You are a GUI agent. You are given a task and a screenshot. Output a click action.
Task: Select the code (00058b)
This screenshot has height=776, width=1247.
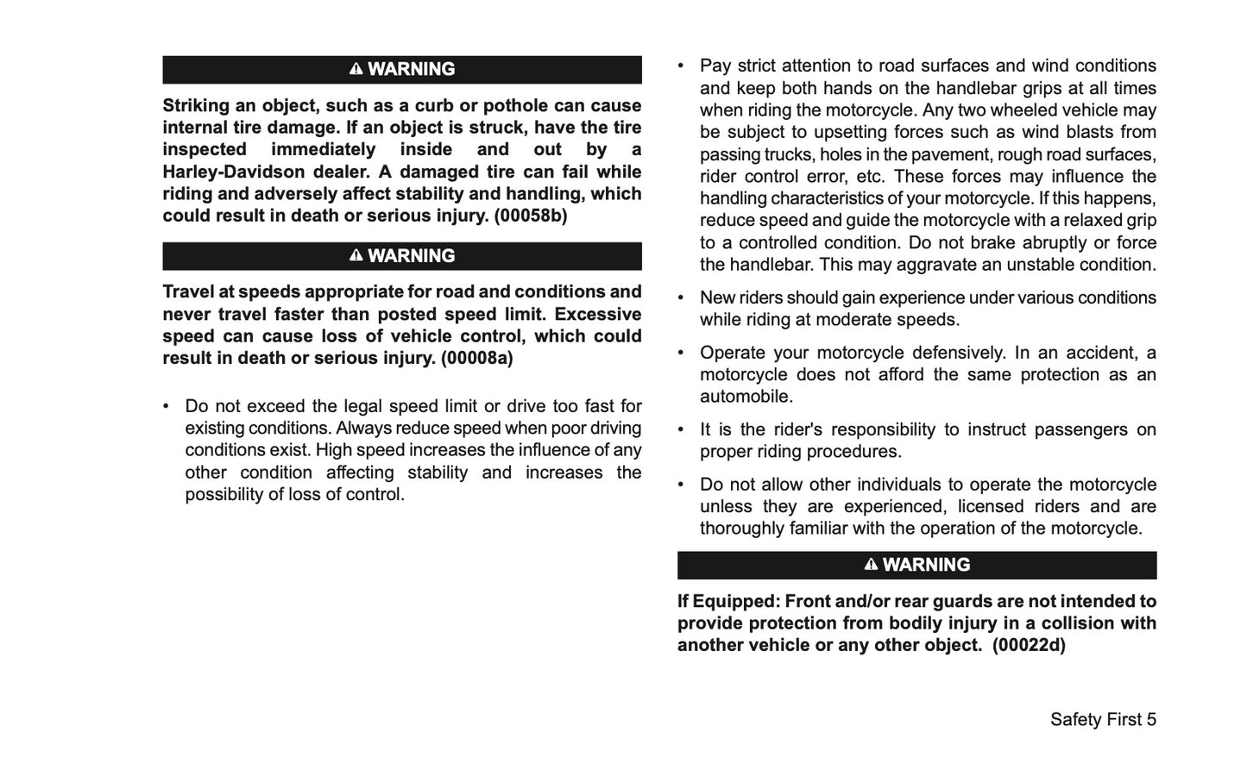531,216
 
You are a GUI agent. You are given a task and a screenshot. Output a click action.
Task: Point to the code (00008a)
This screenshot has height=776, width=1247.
477,358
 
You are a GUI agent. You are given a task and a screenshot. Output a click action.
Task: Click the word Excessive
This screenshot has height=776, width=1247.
598,314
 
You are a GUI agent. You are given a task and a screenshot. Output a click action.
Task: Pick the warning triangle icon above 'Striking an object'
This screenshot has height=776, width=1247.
356,69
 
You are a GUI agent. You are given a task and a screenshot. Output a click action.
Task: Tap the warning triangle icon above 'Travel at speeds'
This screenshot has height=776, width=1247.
356,255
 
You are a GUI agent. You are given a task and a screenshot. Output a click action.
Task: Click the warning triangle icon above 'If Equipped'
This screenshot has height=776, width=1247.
871,564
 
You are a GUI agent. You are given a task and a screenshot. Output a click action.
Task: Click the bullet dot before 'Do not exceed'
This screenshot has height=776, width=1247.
167,406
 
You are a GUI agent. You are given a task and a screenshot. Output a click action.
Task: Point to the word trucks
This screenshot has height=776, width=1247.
785,154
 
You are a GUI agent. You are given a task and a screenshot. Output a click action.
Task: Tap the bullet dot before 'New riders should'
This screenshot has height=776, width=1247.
681,297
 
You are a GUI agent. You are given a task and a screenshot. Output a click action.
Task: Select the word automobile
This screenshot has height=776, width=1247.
746,397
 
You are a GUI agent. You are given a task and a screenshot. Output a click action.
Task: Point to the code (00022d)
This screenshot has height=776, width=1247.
1029,645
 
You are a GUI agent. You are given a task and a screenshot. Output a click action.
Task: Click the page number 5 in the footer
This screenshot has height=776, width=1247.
1150,719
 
